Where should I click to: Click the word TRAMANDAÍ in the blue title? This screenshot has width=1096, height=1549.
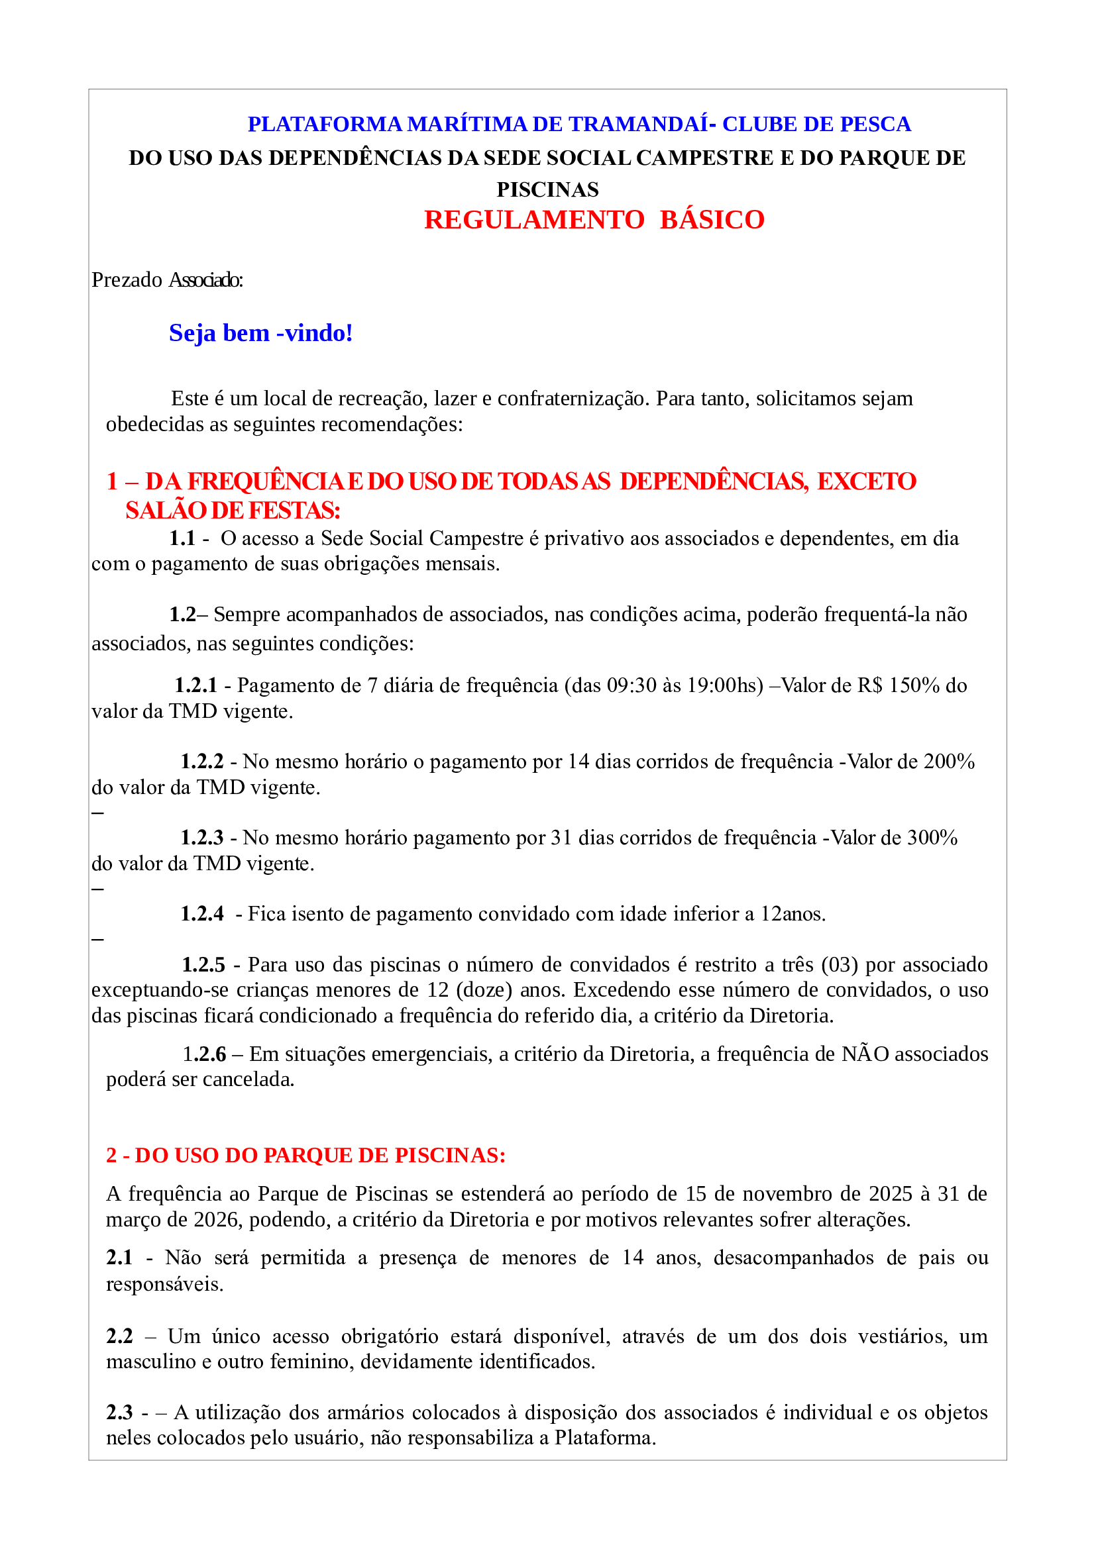click(637, 124)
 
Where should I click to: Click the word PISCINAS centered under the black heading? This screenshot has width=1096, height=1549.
click(547, 189)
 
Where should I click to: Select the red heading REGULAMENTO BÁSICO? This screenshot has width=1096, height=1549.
click(594, 220)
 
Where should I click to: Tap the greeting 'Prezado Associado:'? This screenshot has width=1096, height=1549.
click(167, 280)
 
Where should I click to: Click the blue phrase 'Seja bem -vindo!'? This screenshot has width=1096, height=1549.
click(260, 333)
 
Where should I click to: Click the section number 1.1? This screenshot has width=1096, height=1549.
click(182, 538)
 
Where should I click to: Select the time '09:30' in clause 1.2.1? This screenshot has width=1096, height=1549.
click(631, 685)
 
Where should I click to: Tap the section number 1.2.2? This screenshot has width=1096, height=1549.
click(202, 762)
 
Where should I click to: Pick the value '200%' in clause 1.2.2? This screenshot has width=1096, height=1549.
click(949, 762)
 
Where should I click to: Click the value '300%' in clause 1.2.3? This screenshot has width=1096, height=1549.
click(932, 838)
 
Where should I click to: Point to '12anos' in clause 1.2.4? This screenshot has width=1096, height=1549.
click(792, 914)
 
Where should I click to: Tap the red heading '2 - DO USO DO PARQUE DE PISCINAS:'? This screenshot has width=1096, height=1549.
click(305, 1156)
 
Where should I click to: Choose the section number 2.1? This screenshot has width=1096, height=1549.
click(119, 1258)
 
